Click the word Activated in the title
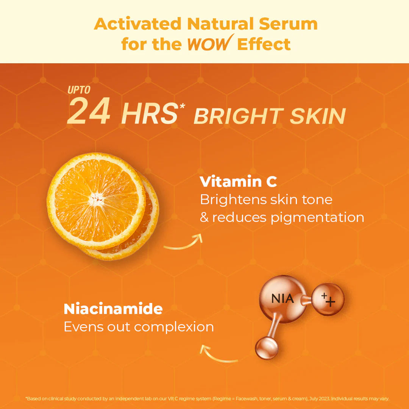(x=137, y=24)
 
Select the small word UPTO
(x=79, y=90)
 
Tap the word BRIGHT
(x=239, y=116)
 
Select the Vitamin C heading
(x=238, y=182)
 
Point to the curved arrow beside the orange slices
(x=183, y=243)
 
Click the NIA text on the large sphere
(x=283, y=299)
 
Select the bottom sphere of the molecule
(x=267, y=348)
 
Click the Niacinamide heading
(x=113, y=309)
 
